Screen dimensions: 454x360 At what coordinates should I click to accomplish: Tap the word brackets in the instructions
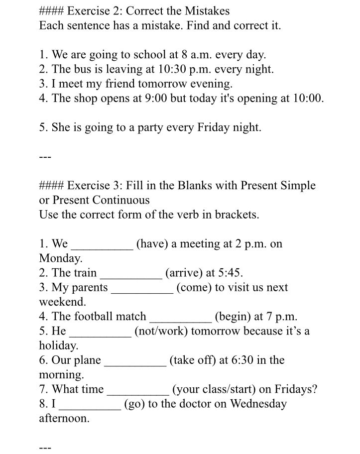tap(237, 215)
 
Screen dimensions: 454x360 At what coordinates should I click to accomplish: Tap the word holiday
tap(58, 345)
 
